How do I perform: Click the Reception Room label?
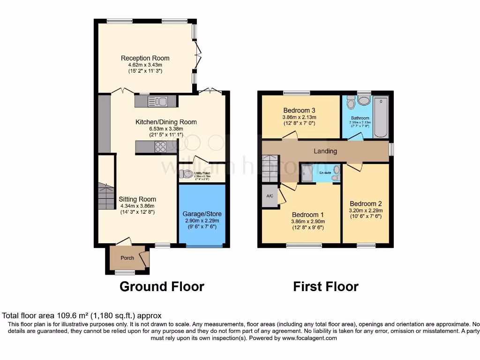(145, 58)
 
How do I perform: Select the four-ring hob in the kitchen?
(159, 147)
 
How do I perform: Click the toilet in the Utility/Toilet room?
(187, 173)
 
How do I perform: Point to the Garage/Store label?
(201, 214)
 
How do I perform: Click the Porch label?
(127, 258)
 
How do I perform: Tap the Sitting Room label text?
(137, 199)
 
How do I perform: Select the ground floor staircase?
(106, 196)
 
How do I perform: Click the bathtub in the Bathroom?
(381, 117)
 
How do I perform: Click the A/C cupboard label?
(270, 196)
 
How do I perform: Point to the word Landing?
(325, 151)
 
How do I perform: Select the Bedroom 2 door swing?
(354, 166)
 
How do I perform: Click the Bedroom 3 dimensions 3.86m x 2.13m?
(299, 117)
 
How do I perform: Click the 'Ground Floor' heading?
(162, 286)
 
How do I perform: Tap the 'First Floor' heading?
(326, 286)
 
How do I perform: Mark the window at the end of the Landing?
(391, 150)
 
